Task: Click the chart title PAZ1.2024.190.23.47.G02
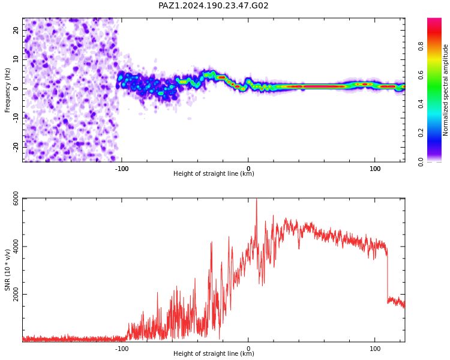[213, 5]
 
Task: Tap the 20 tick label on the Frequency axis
[16, 30]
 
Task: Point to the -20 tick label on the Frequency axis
[16, 147]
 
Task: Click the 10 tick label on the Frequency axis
[16, 59]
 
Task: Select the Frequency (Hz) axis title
[7, 90]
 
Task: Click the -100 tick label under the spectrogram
[122, 169]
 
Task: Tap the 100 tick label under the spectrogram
[375, 169]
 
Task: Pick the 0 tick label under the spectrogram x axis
[248, 169]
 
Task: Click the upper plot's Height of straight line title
[214, 173]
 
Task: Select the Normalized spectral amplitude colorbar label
[445, 90]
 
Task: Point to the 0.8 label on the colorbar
[421, 46]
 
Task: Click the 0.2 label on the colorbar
[421, 133]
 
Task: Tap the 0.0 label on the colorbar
[421, 162]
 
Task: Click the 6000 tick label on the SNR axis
[16, 199]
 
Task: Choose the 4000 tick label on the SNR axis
[16, 247]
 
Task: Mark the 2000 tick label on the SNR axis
[16, 294]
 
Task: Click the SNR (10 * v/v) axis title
[7, 270]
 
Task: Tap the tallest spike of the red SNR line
[257, 199]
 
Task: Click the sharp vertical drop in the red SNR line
[387, 275]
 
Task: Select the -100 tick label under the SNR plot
[122, 349]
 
